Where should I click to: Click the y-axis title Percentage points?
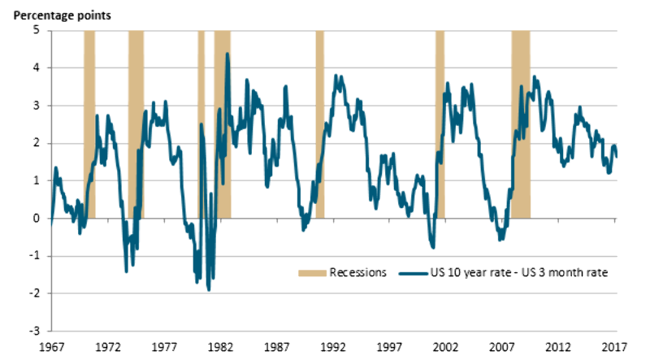click(x=48, y=15)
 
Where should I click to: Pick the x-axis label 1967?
click(x=50, y=346)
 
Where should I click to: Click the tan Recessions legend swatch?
click(x=311, y=272)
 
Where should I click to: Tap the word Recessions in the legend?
click(x=357, y=272)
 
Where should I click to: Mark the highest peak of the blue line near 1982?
click(x=227, y=54)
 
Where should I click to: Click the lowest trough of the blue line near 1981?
click(x=209, y=290)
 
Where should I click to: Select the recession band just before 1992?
click(x=319, y=122)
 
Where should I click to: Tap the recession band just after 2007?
click(x=521, y=122)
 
